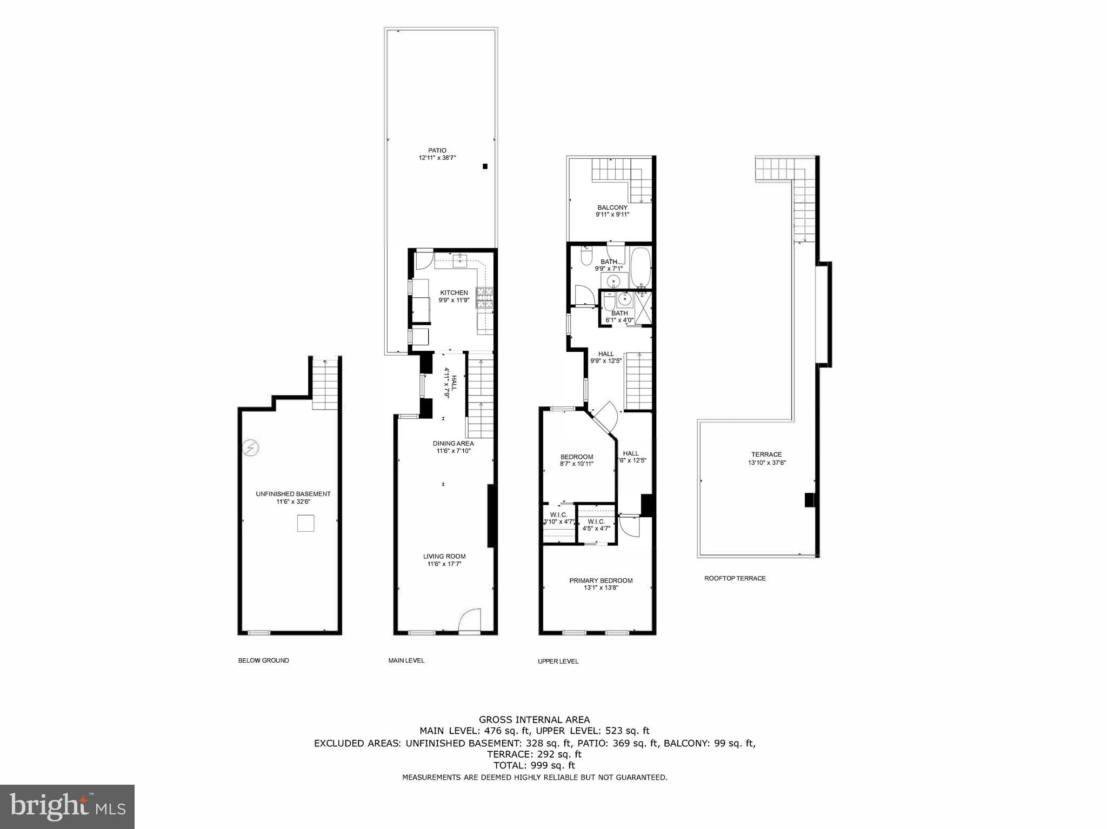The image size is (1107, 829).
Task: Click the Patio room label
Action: (x=437, y=151)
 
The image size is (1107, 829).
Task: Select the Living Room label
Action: (x=444, y=556)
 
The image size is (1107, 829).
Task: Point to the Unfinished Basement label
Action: (x=293, y=493)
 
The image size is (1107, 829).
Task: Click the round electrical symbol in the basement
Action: (x=250, y=448)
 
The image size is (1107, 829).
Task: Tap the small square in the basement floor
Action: (x=305, y=523)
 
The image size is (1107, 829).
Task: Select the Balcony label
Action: (x=612, y=208)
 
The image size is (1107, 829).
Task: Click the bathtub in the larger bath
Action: (x=641, y=268)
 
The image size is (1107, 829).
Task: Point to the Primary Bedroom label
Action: (x=601, y=580)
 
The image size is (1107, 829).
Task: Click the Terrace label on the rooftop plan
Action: (x=766, y=454)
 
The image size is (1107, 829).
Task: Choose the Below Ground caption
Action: (x=263, y=660)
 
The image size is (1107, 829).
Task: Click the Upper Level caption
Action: (x=558, y=661)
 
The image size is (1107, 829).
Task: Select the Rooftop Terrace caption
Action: (x=735, y=578)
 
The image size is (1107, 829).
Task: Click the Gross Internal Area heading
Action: (x=534, y=719)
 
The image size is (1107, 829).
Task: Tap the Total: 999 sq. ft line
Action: (x=534, y=765)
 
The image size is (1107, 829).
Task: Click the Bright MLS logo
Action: (x=67, y=806)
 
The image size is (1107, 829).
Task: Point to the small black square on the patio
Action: (x=485, y=166)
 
